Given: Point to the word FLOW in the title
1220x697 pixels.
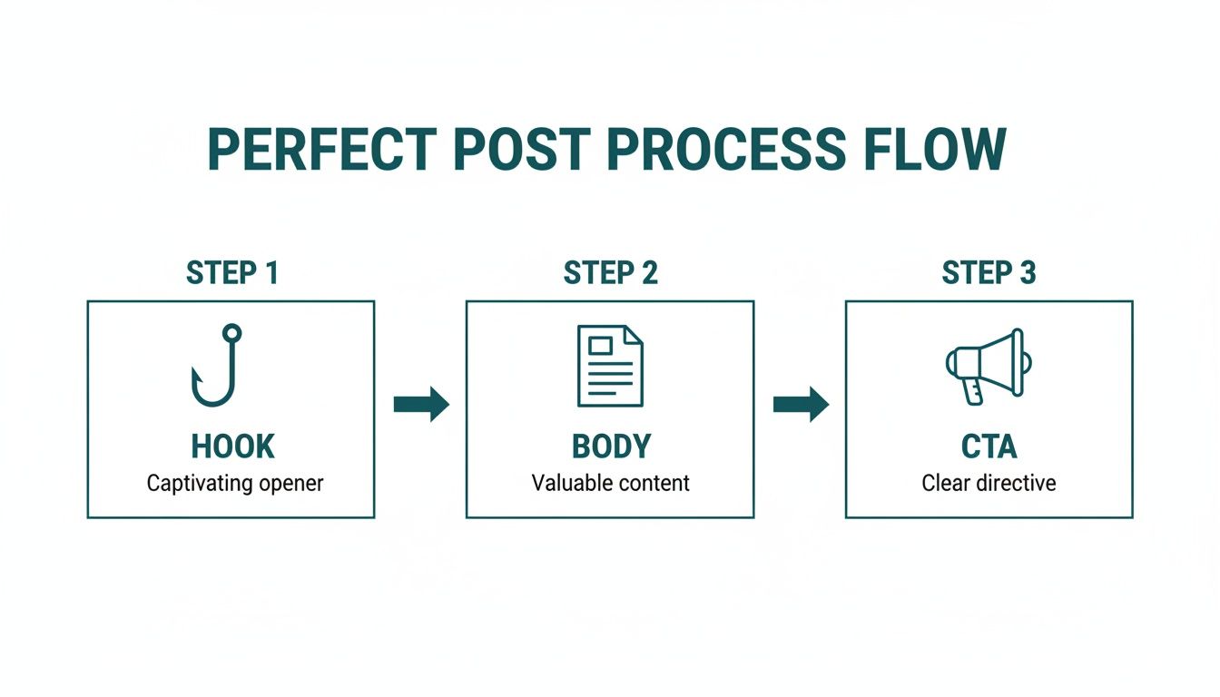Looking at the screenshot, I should point(945,151).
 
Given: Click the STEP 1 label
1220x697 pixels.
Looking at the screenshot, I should point(231,273).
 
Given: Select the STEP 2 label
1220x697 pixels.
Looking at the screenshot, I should point(610,273).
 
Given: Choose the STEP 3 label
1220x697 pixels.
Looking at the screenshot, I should point(989,273).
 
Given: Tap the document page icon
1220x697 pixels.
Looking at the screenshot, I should point(610,366).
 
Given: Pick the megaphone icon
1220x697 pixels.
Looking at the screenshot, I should point(988,363).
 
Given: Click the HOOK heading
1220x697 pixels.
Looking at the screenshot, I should point(232,447).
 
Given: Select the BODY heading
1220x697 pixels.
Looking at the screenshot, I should point(611,447).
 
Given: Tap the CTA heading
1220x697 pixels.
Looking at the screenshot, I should point(989,447).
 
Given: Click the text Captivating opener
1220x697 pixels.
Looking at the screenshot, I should point(235,483).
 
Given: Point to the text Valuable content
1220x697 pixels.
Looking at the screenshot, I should point(611,483).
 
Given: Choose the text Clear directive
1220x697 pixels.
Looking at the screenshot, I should point(989,483).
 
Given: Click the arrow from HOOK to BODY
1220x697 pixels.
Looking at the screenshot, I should point(421,404).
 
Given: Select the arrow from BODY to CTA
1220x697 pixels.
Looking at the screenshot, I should point(801,404).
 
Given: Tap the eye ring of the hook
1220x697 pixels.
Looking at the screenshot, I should point(231,333).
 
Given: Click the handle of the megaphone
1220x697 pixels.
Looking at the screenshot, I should point(974,391).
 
